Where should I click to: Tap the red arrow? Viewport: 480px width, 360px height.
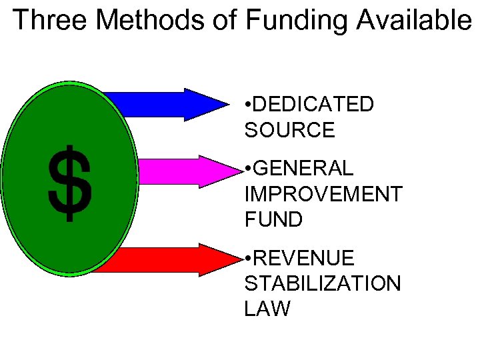click(x=173, y=259)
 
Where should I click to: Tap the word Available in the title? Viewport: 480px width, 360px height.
click(x=413, y=20)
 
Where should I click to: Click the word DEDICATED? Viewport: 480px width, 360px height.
click(x=313, y=105)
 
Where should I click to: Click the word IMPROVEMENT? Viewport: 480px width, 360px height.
click(x=323, y=194)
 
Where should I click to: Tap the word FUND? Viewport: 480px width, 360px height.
click(x=273, y=219)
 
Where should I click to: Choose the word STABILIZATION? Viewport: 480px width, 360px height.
click(x=323, y=283)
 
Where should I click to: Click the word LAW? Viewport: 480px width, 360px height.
click(x=267, y=309)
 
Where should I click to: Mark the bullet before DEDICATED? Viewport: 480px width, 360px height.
click(x=248, y=105)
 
